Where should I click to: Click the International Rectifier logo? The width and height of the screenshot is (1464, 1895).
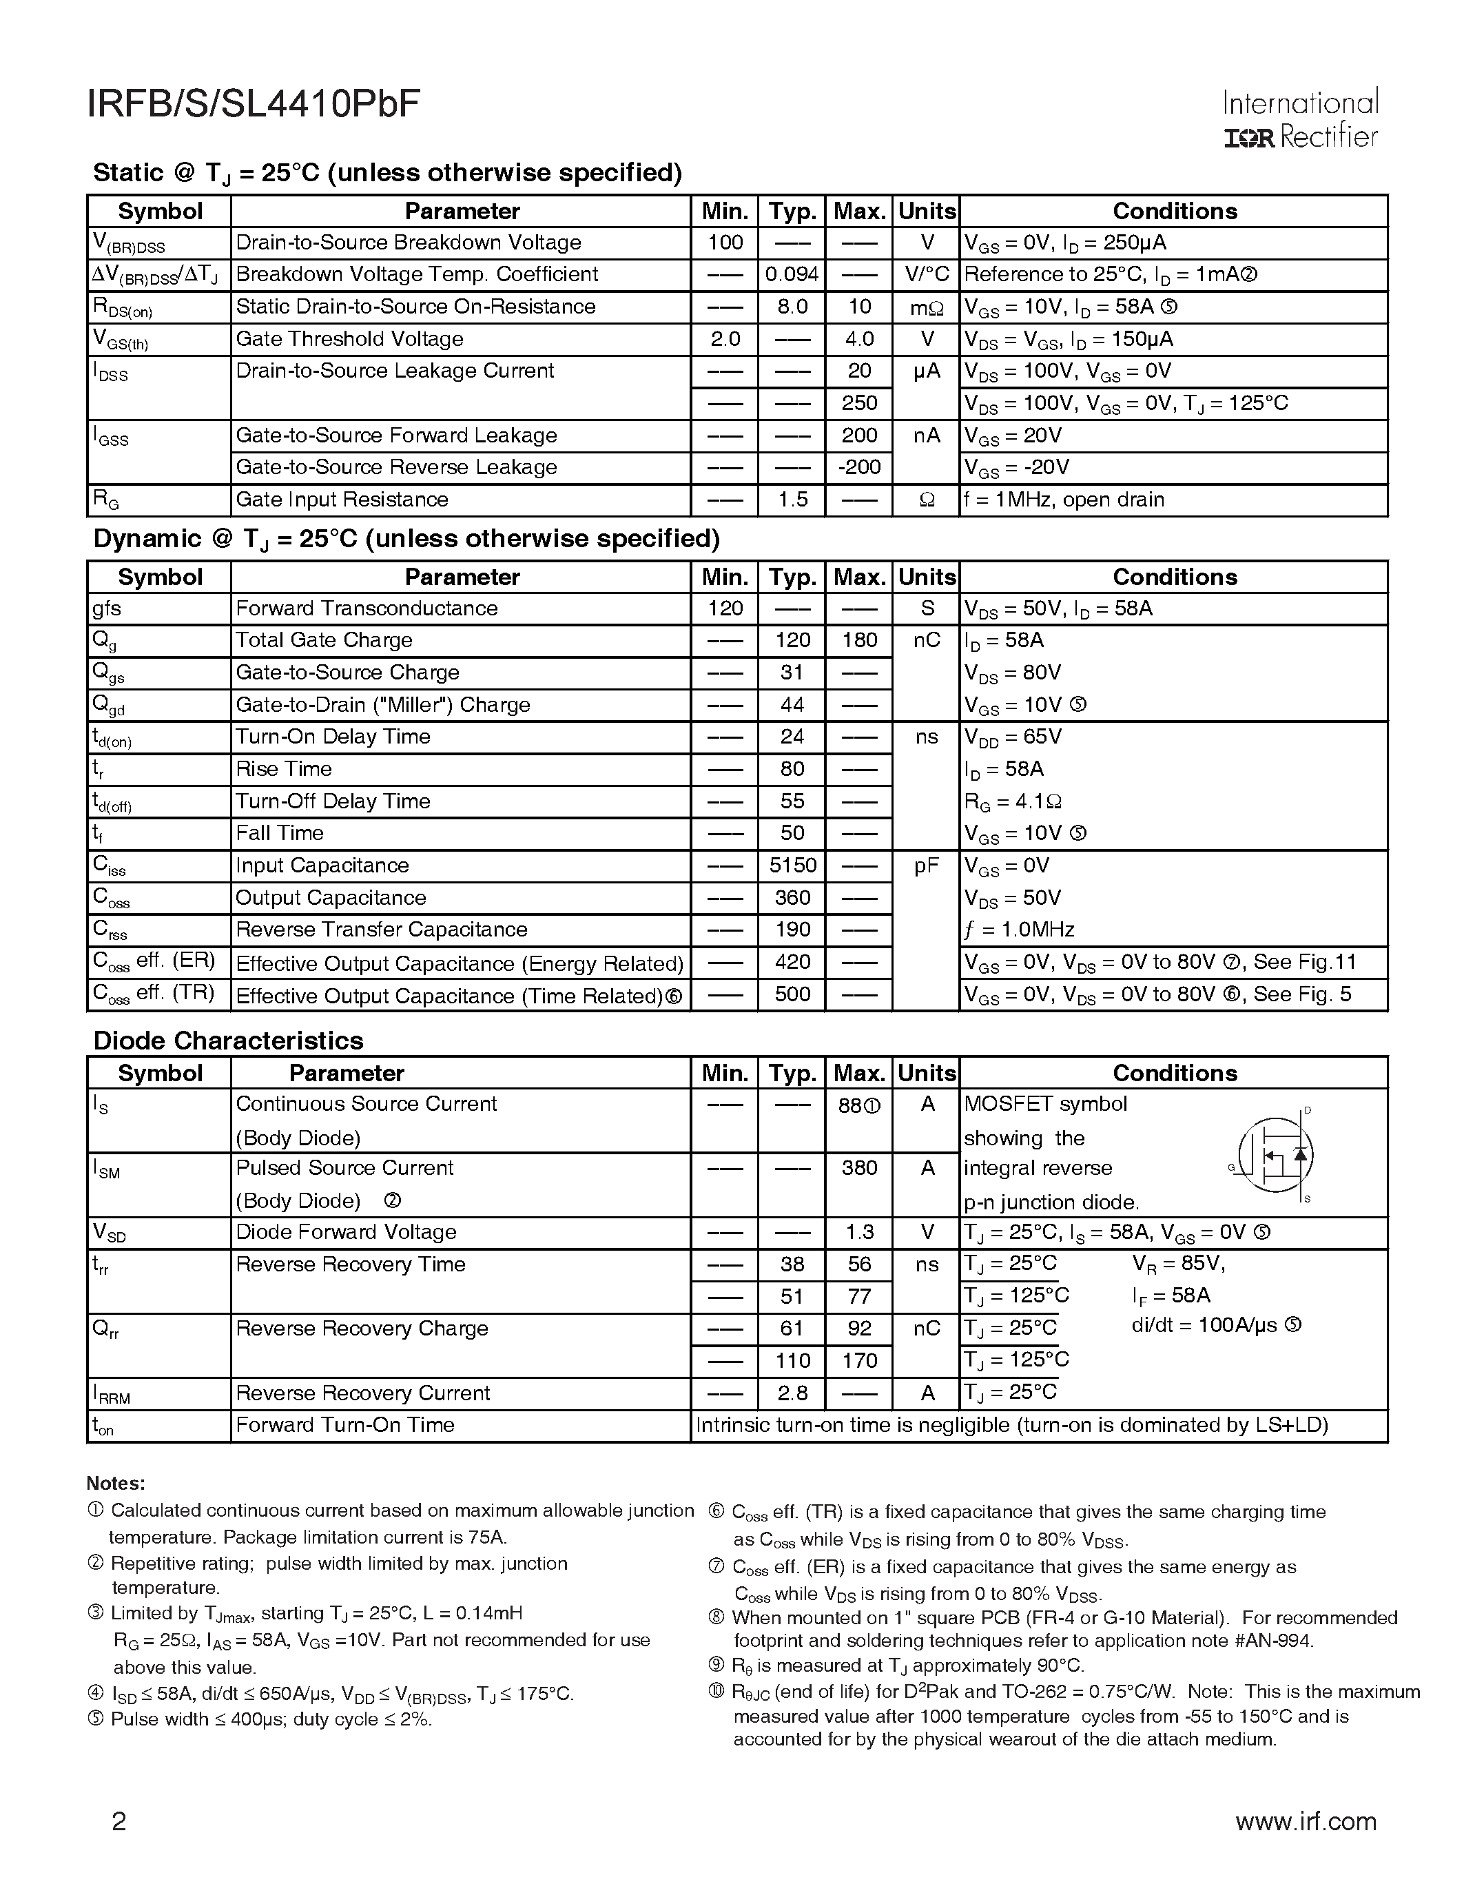(1300, 120)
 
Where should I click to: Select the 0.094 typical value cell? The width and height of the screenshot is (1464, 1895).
(792, 275)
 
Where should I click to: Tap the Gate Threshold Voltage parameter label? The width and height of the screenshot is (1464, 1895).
(349, 339)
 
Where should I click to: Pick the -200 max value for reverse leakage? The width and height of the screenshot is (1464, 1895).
(858, 468)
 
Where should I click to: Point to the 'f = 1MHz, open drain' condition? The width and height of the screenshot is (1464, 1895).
(1064, 500)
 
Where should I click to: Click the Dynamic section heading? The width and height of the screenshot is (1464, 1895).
(406, 540)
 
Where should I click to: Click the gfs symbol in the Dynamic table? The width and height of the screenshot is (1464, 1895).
(107, 609)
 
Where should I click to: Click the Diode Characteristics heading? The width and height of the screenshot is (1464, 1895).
(228, 1041)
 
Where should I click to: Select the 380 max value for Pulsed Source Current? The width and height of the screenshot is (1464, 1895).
(858, 1169)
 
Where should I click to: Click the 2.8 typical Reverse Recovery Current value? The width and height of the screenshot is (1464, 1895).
(792, 1393)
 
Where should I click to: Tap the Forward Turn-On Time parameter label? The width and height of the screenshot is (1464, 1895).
(345, 1426)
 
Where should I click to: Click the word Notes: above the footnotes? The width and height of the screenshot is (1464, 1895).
(115, 1484)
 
